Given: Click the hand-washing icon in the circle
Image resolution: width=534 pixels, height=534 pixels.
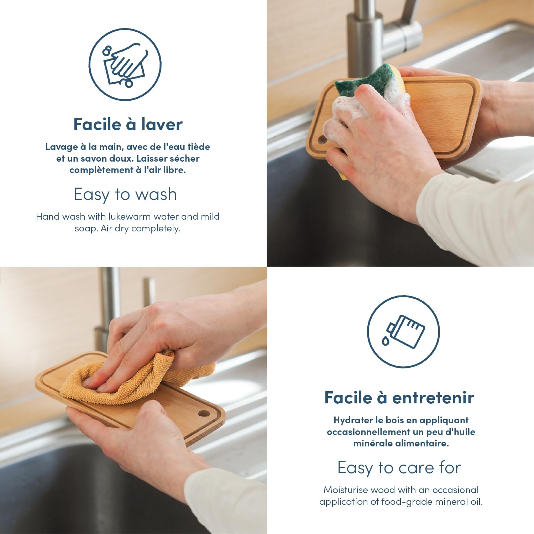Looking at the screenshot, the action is point(125,64).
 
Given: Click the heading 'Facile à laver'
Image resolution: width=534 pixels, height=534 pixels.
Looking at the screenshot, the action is point(128,124).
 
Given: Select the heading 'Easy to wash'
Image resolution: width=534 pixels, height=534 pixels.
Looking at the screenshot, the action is point(125,194).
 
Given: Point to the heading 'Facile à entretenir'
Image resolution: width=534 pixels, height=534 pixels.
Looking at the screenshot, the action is point(399,397).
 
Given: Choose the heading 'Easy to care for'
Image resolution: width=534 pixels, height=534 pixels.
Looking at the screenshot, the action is point(399,467).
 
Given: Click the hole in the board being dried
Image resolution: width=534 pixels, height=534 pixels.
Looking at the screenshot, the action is point(204,414).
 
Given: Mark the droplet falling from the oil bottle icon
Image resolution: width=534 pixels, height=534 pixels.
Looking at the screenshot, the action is point(386,341).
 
